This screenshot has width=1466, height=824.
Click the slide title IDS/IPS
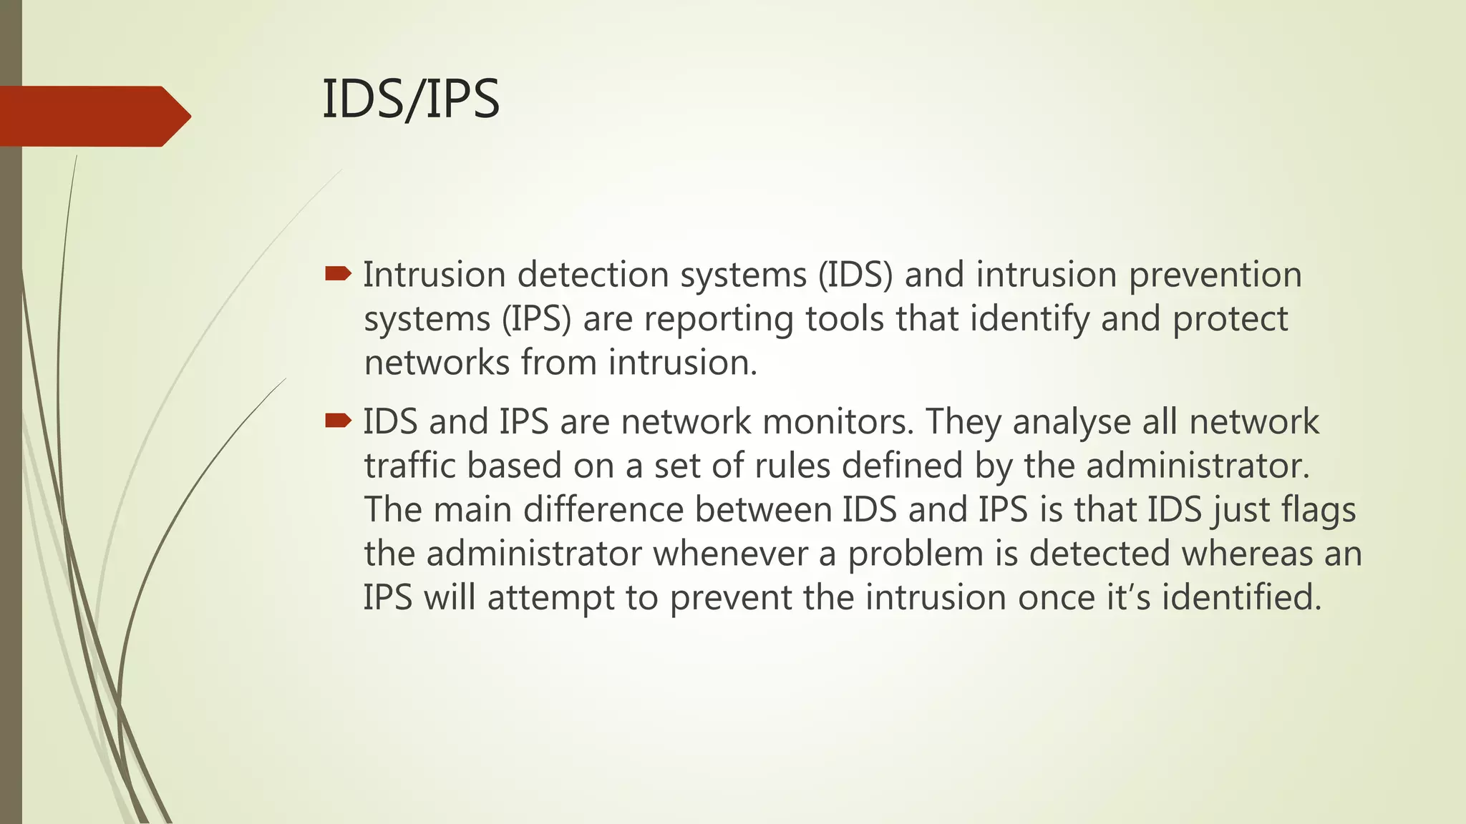[410, 99]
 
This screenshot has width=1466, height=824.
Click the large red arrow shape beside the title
[93, 116]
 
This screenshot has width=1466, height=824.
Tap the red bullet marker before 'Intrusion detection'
[338, 273]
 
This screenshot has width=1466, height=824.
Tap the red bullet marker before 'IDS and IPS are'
[338, 420]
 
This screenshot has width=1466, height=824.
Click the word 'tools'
[845, 318]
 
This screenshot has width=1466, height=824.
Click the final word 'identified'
[1241, 597]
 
